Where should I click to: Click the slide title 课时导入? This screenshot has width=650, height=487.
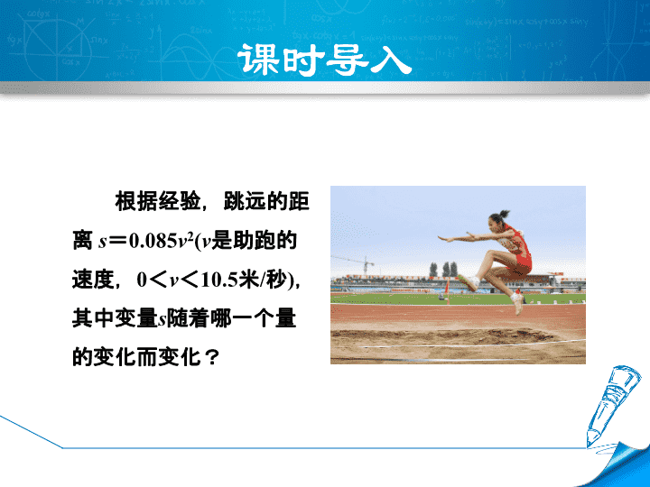(x=325, y=60)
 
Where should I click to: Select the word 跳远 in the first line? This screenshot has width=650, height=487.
(x=245, y=202)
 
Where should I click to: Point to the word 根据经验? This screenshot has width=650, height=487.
(x=157, y=202)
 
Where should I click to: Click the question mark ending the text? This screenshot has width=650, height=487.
(x=211, y=357)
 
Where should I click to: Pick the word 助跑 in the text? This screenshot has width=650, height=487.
(x=254, y=241)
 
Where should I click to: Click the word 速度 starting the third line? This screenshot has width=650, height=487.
(x=93, y=280)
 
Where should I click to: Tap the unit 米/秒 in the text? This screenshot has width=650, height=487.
(x=264, y=280)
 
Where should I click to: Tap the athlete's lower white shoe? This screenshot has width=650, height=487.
(x=517, y=302)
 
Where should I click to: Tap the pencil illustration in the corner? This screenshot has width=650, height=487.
(x=610, y=406)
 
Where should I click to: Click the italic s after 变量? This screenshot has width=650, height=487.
(x=162, y=320)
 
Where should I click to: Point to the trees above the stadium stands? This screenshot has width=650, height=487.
(x=444, y=269)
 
